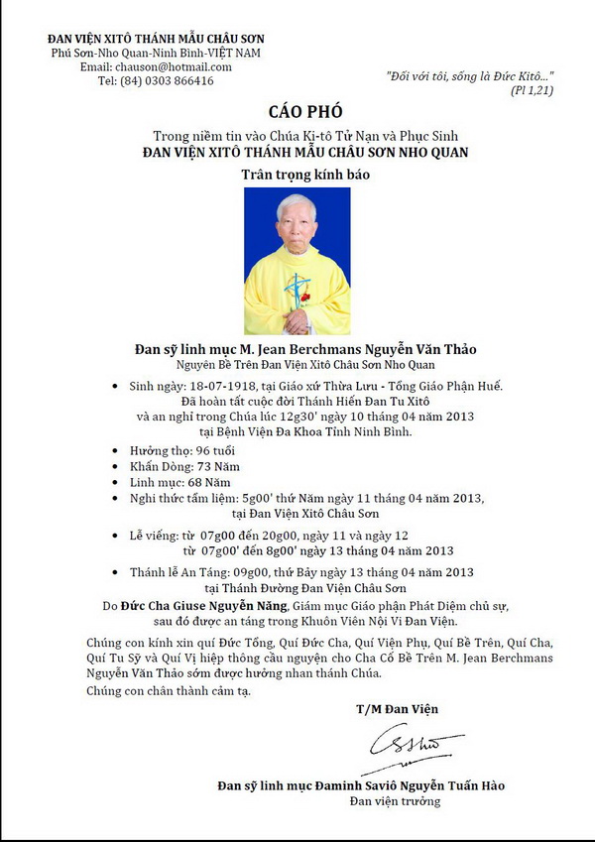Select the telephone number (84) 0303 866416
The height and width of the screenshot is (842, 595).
168,81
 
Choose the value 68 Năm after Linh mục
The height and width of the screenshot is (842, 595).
222,482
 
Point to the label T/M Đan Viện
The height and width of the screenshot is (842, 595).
397,709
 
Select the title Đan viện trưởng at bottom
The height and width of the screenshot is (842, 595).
396,800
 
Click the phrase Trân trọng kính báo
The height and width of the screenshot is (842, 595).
297,175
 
